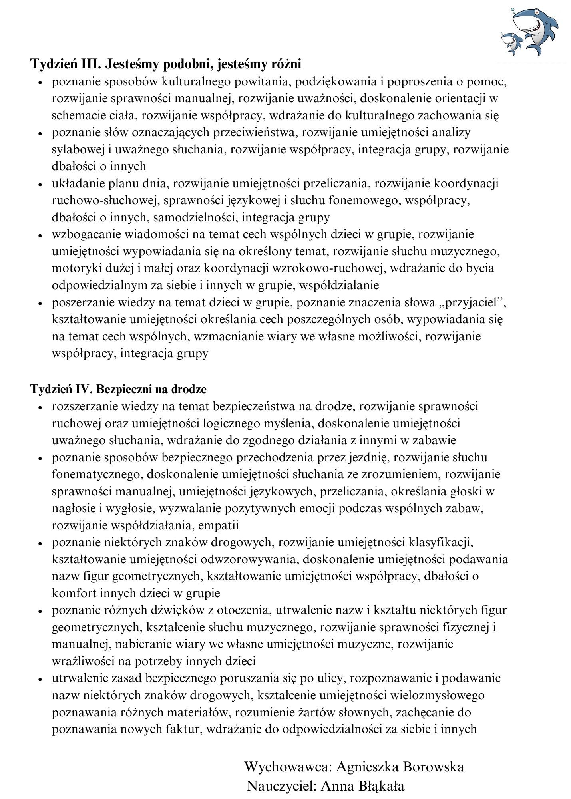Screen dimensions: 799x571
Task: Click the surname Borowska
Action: click(x=434, y=767)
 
